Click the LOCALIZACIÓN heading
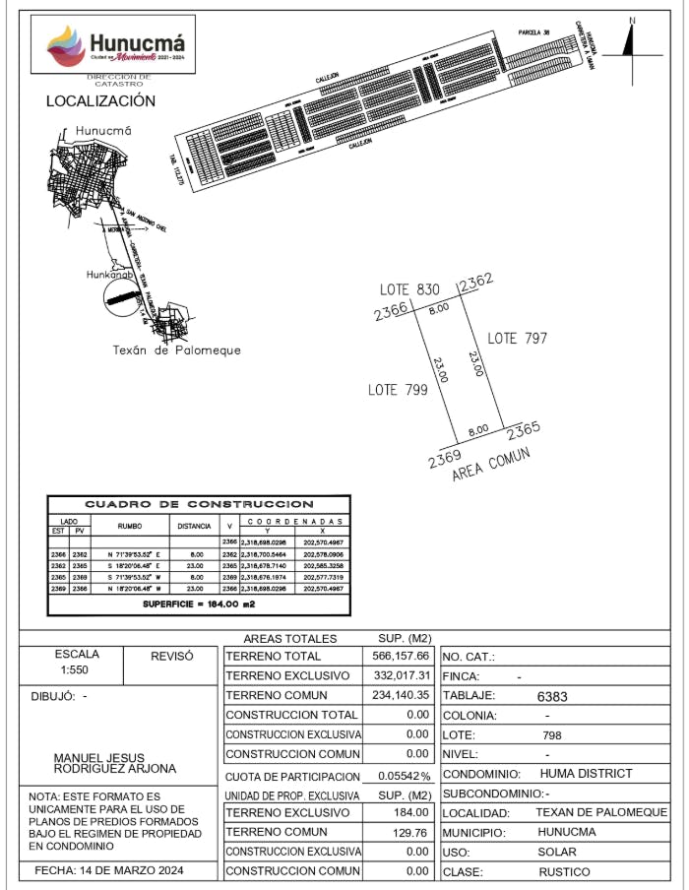pos(100,101)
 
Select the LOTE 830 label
pos(410,289)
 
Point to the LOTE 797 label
pos(518,338)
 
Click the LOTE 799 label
pos(398,390)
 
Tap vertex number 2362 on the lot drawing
pos(474,281)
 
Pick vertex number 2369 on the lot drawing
pos(445,458)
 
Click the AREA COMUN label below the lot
pos(491,464)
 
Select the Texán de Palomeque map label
pos(177,350)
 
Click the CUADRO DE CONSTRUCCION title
pos(199,504)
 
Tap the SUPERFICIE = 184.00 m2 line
pos(199,604)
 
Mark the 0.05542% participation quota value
pos(399,776)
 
